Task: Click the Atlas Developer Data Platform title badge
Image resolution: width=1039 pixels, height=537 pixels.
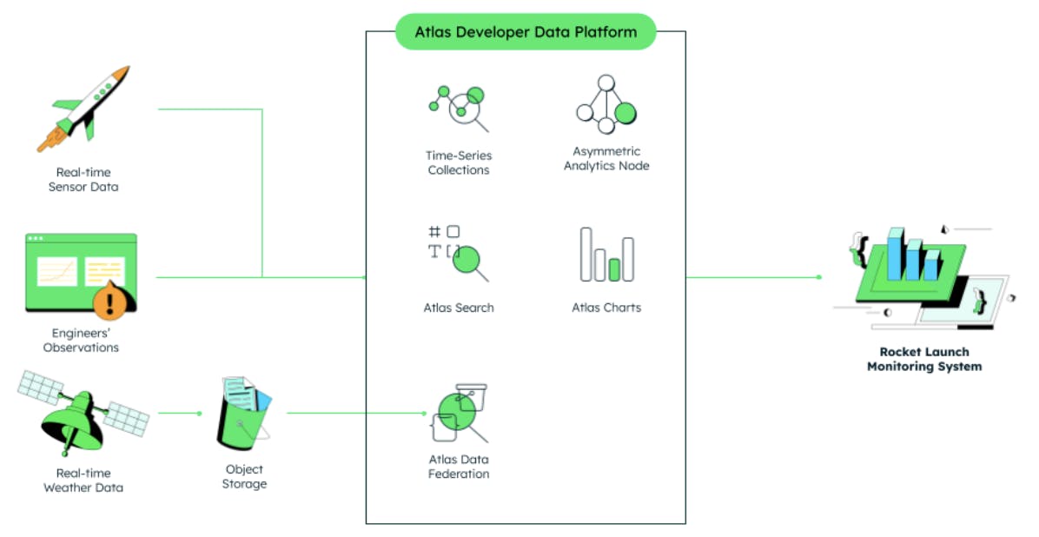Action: click(x=526, y=32)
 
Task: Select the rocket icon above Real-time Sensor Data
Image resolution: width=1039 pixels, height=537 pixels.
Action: click(x=84, y=108)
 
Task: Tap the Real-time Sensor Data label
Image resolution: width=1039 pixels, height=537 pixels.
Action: click(x=83, y=180)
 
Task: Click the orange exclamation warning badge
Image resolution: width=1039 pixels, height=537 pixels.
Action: click(x=109, y=302)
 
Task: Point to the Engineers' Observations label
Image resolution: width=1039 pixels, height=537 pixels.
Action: click(x=84, y=341)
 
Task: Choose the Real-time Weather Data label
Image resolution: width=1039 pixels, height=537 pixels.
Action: click(x=83, y=481)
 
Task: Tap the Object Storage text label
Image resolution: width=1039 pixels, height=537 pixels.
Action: click(x=244, y=476)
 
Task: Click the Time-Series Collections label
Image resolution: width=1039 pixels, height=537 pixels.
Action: click(x=459, y=163)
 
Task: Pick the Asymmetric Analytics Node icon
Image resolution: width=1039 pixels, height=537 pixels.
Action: click(x=606, y=103)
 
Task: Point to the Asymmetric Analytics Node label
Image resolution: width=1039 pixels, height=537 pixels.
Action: click(x=606, y=159)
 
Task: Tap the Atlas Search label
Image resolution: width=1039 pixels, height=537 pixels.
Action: click(x=459, y=308)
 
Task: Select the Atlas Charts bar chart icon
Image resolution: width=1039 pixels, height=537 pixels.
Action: click(x=606, y=255)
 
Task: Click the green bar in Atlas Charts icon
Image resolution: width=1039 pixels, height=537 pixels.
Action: click(x=614, y=269)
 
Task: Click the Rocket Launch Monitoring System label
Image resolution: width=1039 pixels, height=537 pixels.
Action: click(x=924, y=360)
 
